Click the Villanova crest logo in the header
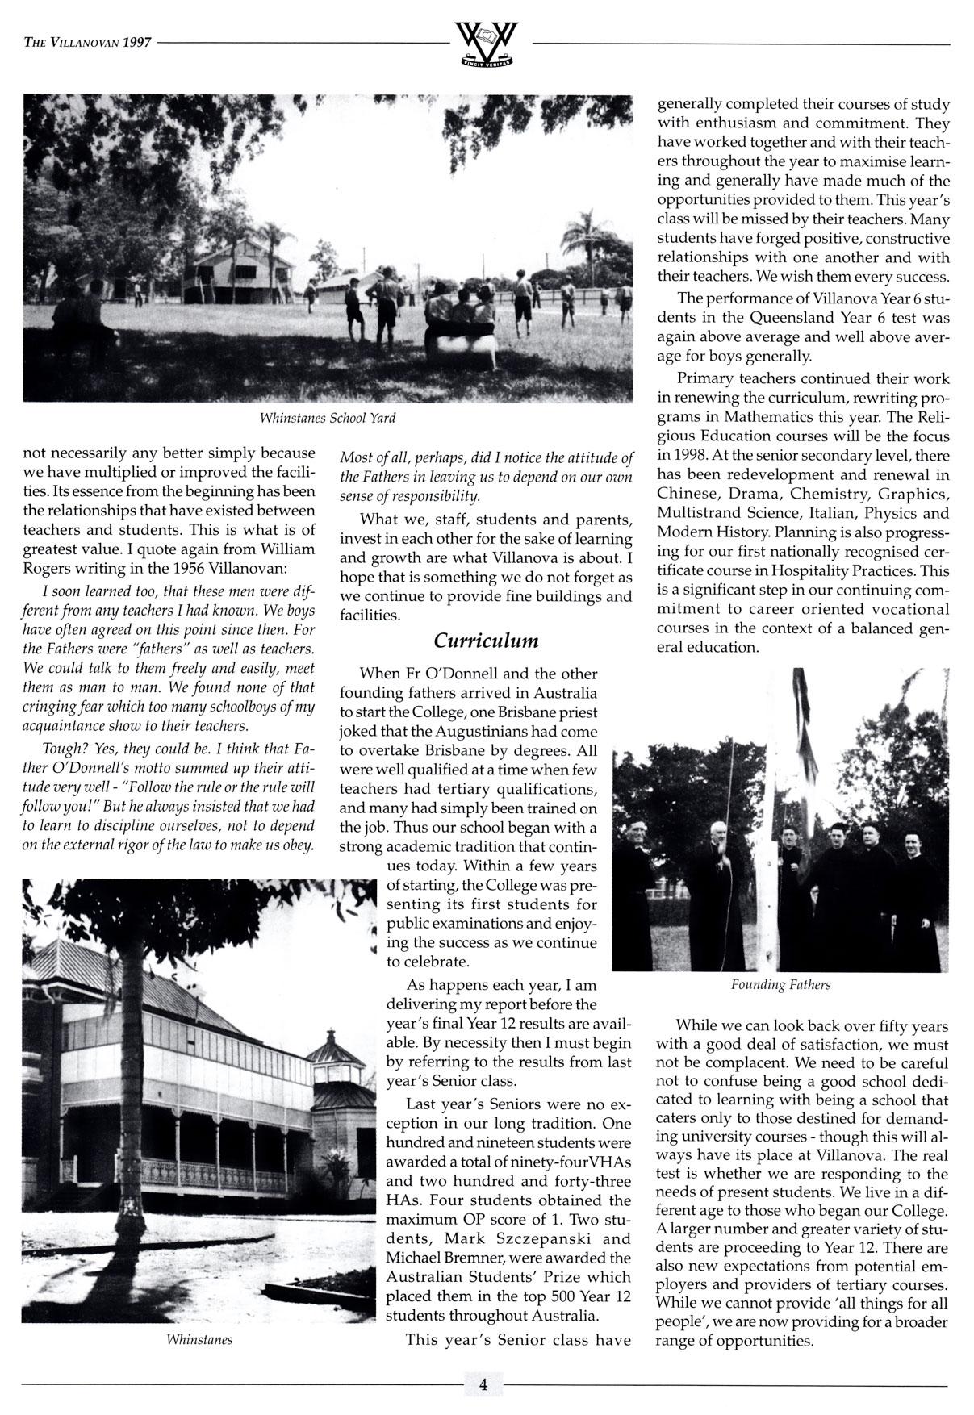pyautogui.click(x=487, y=44)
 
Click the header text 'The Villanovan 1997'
pyautogui.click(x=88, y=43)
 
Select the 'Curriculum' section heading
pyautogui.click(x=485, y=641)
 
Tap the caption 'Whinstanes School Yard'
pyautogui.click(x=327, y=419)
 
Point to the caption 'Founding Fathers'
pyautogui.click(x=780, y=985)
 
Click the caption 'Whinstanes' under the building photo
pyautogui.click(x=199, y=1340)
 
